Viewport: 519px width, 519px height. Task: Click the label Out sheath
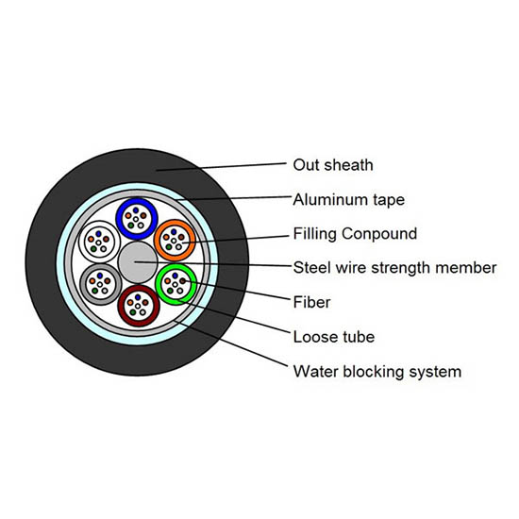coord(333,165)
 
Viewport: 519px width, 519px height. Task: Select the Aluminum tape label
coord(349,200)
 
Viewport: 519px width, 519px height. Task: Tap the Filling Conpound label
coord(355,234)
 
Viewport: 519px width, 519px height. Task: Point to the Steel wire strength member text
coord(394,268)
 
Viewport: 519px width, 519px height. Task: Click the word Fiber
coord(311,302)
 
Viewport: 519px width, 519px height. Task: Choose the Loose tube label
coord(334,337)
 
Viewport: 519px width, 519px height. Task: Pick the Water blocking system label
coord(377,372)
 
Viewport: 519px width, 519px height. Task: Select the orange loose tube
coord(158,240)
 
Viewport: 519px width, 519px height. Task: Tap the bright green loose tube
coord(159,284)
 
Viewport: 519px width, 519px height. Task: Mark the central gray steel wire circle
coord(138,262)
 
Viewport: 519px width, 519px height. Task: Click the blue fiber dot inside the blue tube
coord(136,210)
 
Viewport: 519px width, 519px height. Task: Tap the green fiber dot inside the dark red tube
coord(133,312)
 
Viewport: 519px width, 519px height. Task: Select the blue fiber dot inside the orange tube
coord(174,232)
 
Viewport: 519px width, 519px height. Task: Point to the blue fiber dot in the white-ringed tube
coord(98,234)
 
